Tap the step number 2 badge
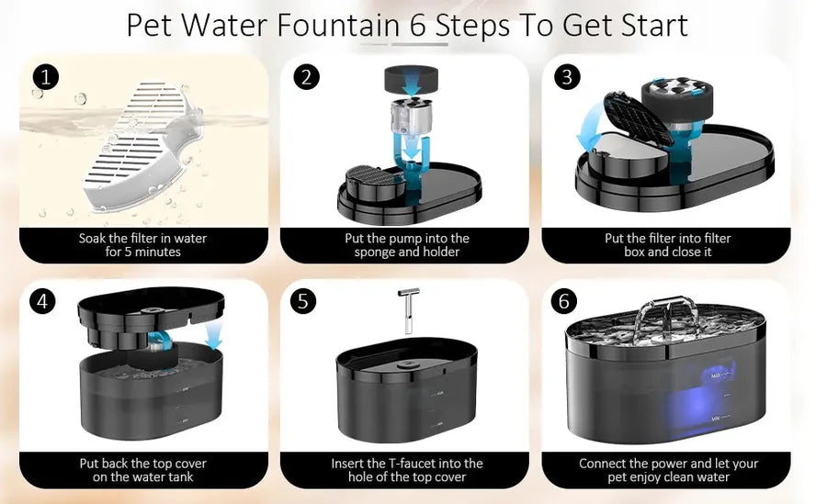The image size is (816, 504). point(306,77)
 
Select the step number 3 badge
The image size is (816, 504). point(566,77)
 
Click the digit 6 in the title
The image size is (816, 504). point(418,25)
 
